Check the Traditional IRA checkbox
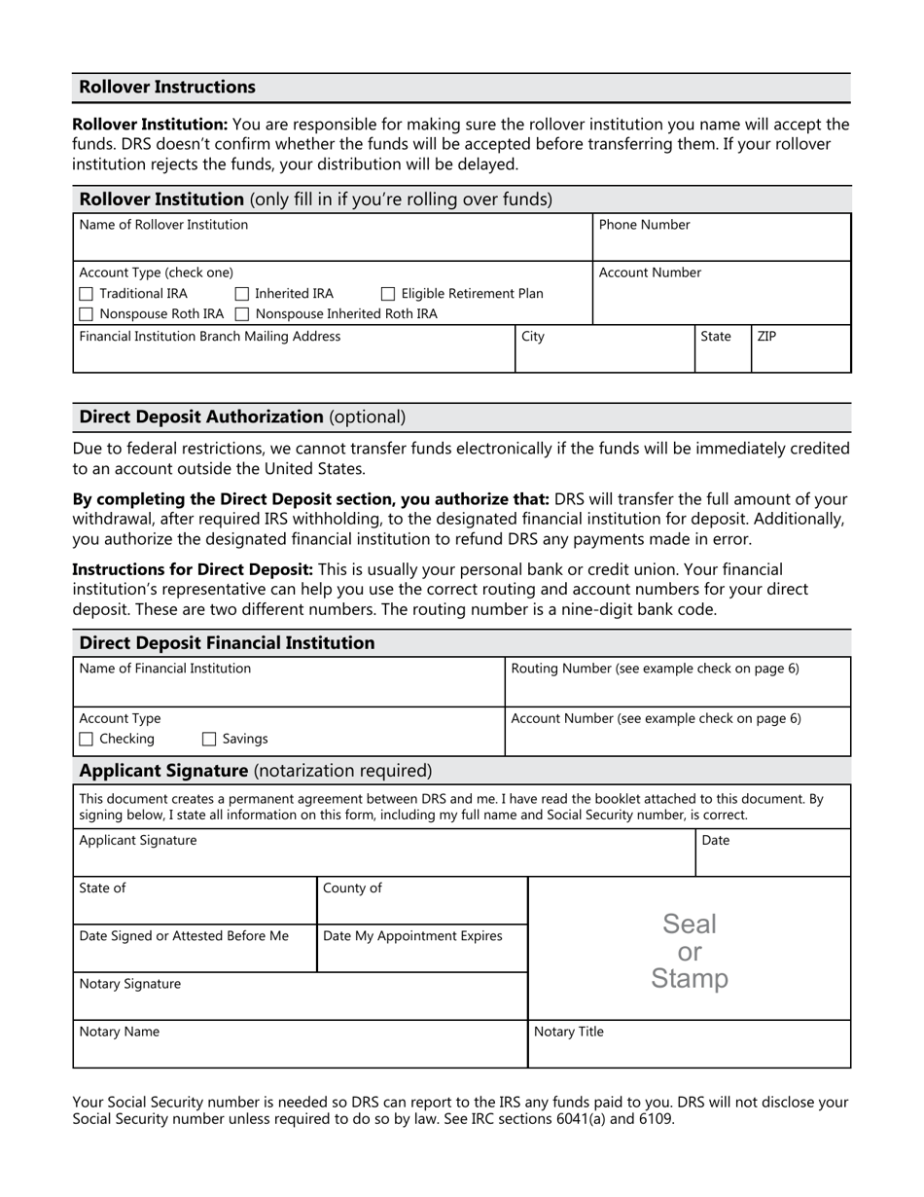coord(86,294)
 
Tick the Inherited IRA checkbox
coord(242,294)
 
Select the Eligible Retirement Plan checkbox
coord(388,294)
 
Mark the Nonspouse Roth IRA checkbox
coord(86,314)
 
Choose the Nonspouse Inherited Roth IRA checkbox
coord(242,314)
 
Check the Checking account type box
coord(86,740)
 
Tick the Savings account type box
coord(209,740)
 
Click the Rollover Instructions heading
coord(167,88)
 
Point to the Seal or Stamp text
coord(689,951)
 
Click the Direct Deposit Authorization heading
coord(242,417)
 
